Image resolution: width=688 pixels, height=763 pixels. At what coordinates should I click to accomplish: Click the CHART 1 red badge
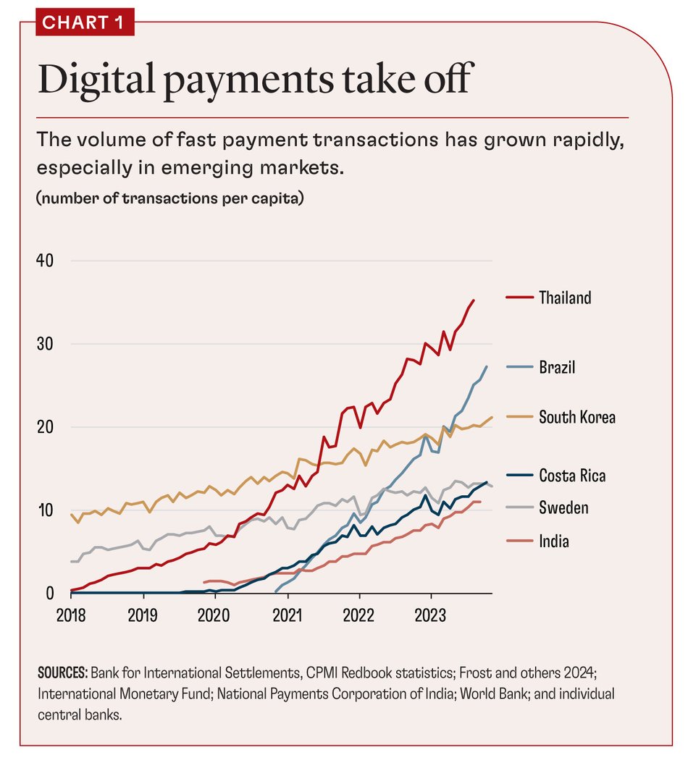[x=84, y=22]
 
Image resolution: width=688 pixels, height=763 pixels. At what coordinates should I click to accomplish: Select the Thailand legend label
[x=565, y=298]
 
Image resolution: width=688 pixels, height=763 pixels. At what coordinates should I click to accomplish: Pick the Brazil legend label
[x=557, y=368]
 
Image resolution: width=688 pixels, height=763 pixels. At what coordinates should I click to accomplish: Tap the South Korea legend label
[x=577, y=417]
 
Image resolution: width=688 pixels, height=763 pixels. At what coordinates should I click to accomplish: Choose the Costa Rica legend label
[x=572, y=476]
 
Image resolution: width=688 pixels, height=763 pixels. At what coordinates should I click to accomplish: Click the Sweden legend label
[x=563, y=507]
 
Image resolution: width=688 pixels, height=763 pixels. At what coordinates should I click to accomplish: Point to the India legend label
[x=554, y=540]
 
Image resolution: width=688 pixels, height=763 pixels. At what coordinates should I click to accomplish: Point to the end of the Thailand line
[x=474, y=300]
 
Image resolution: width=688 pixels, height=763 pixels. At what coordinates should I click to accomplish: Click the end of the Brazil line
[x=486, y=366]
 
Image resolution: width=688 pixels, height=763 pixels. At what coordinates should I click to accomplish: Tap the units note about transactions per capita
[x=169, y=198]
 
